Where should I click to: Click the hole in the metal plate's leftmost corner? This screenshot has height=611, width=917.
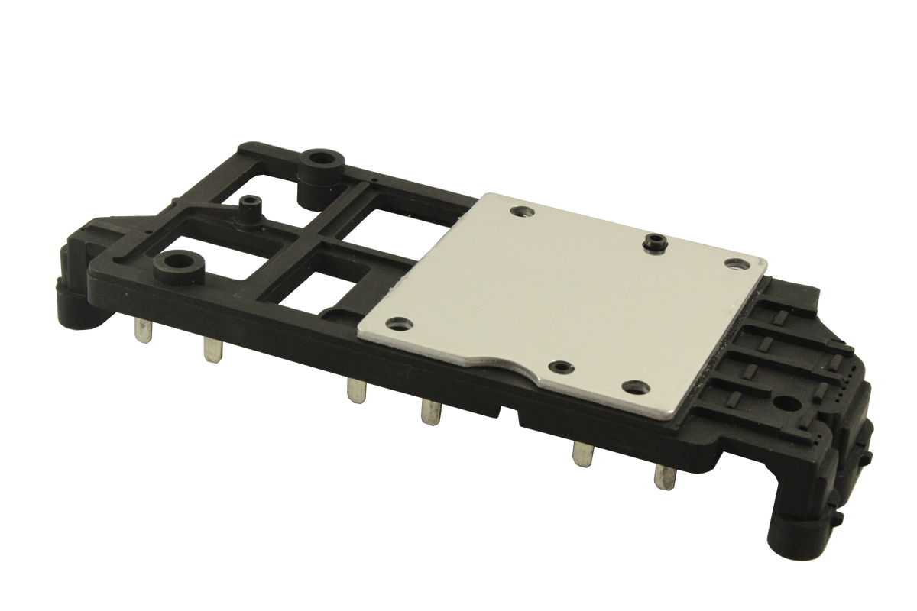click(x=396, y=322)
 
